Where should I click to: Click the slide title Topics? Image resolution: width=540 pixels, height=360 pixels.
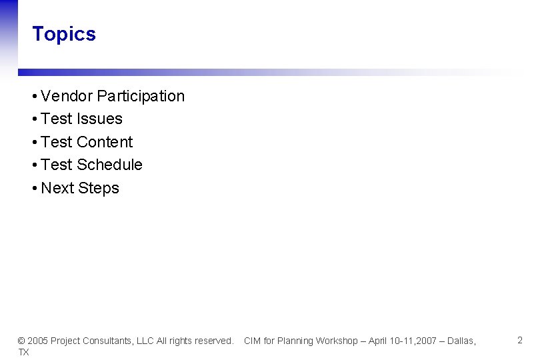[x=64, y=34]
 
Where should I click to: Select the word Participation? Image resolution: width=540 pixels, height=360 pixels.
[x=141, y=96]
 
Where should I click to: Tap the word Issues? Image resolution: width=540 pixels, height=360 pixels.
[x=100, y=119]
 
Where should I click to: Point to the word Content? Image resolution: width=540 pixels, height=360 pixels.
[x=105, y=142]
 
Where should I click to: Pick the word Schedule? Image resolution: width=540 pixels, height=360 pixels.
[x=109, y=165]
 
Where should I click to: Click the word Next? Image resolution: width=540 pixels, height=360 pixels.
[x=57, y=188]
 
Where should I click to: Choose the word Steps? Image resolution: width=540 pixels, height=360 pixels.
[x=99, y=188]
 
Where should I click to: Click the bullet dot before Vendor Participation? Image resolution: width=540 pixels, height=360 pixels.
[x=34, y=97]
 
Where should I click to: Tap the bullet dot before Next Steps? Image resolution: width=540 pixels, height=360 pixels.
[x=34, y=189]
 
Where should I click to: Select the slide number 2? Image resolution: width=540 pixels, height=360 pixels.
[x=520, y=341]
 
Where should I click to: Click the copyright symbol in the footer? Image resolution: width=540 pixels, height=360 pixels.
[x=21, y=341]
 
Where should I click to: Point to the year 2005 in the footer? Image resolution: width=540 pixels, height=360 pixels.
[x=37, y=341]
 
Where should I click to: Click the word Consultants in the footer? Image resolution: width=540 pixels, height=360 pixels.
[x=109, y=341]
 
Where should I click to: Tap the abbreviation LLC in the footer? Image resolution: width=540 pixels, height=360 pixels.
[x=145, y=341]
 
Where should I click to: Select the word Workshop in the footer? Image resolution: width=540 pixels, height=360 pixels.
[x=337, y=341]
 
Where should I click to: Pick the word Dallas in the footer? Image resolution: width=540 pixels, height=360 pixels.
[x=461, y=341]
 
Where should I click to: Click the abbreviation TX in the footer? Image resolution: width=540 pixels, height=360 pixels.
[x=23, y=352]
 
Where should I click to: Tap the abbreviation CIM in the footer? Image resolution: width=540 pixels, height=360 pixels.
[x=252, y=341]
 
